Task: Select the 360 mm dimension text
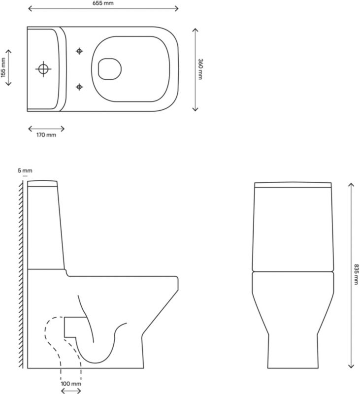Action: point(200,68)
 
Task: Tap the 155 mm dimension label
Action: point(3,67)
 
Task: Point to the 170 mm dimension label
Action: point(46,135)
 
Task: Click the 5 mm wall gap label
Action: point(25,170)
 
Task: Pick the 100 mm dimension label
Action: point(71,383)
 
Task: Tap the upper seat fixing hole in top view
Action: point(79,51)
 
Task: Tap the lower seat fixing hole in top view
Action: point(79,87)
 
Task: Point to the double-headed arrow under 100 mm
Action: point(71,391)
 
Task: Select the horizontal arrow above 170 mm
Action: point(46,127)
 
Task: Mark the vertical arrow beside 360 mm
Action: point(195,68)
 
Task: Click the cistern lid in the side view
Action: point(43,184)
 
